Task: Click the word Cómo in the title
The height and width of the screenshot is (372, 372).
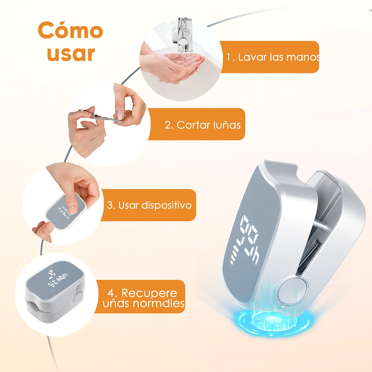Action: (70, 31)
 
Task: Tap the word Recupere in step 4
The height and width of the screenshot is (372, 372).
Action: (149, 293)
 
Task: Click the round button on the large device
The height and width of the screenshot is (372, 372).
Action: (292, 290)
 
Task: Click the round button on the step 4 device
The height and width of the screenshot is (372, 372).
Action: (77, 296)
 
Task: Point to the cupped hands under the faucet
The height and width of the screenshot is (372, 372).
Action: (178, 65)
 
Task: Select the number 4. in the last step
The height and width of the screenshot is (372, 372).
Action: (113, 293)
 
